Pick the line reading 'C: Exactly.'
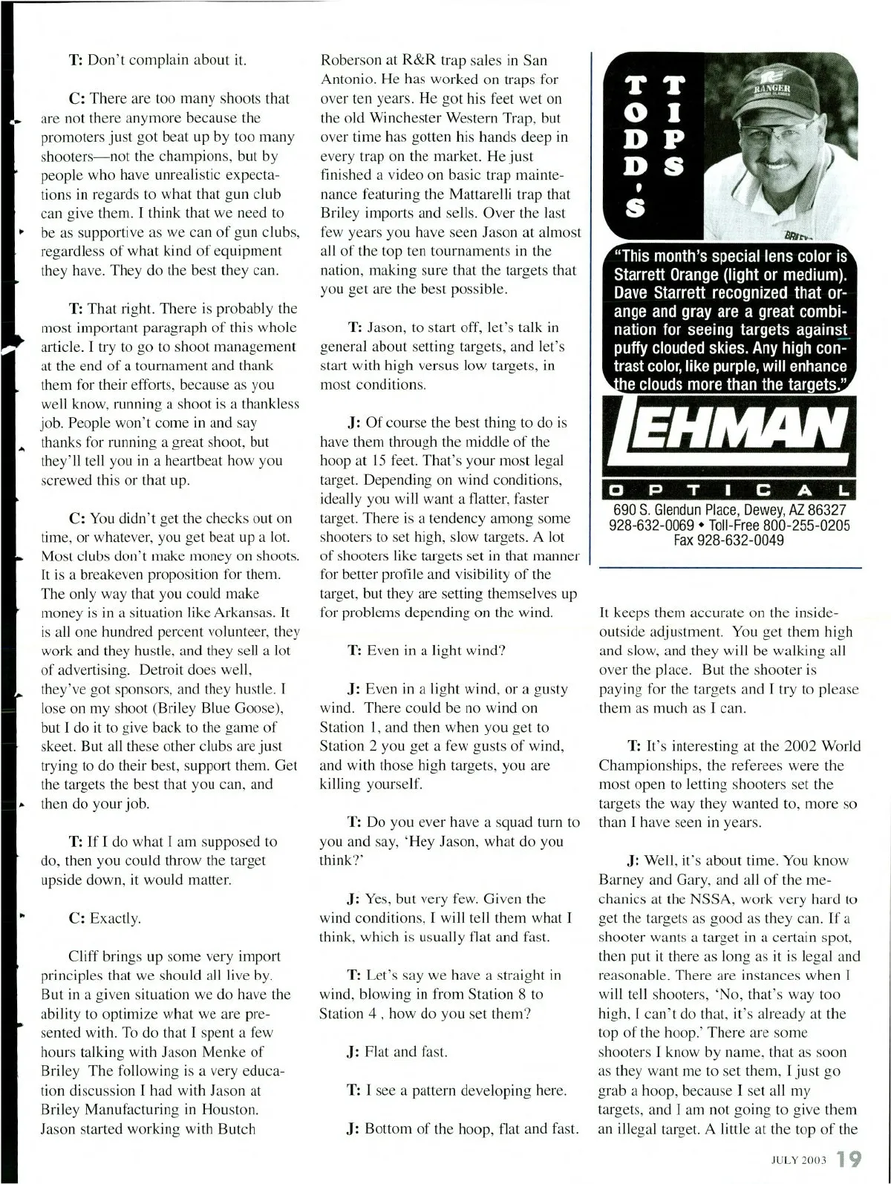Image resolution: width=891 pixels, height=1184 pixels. tap(104, 918)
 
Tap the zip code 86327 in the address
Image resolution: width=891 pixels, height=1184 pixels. tap(819, 511)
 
